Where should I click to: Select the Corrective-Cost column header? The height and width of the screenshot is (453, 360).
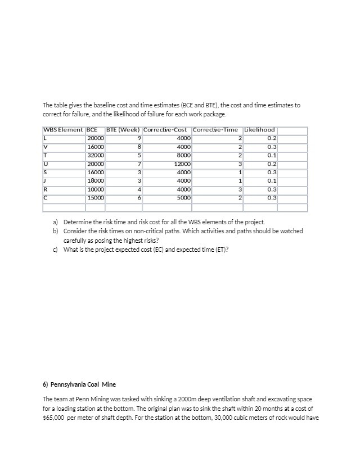166,130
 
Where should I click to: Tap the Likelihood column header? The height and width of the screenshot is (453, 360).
260,130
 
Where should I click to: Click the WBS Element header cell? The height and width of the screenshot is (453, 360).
63,130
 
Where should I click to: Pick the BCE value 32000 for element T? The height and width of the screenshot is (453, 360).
95,155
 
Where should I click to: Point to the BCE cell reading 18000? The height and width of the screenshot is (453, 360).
95,180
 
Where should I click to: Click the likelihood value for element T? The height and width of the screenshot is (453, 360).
272,155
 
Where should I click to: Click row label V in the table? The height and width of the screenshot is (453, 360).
46,146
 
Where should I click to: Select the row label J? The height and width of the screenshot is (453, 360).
45,180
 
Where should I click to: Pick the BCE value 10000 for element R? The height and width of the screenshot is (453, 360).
95,189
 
